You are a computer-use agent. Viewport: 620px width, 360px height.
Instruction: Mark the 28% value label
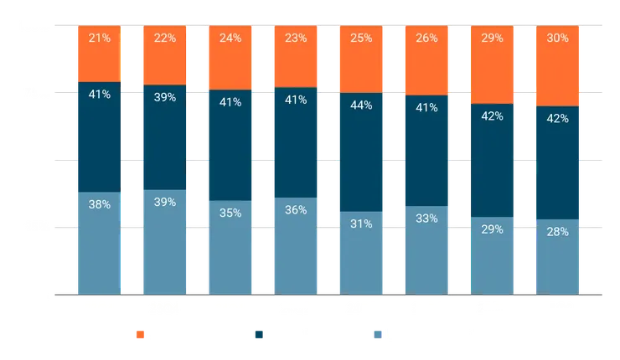click(x=557, y=231)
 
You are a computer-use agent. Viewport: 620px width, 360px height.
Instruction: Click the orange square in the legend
click(x=140, y=335)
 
